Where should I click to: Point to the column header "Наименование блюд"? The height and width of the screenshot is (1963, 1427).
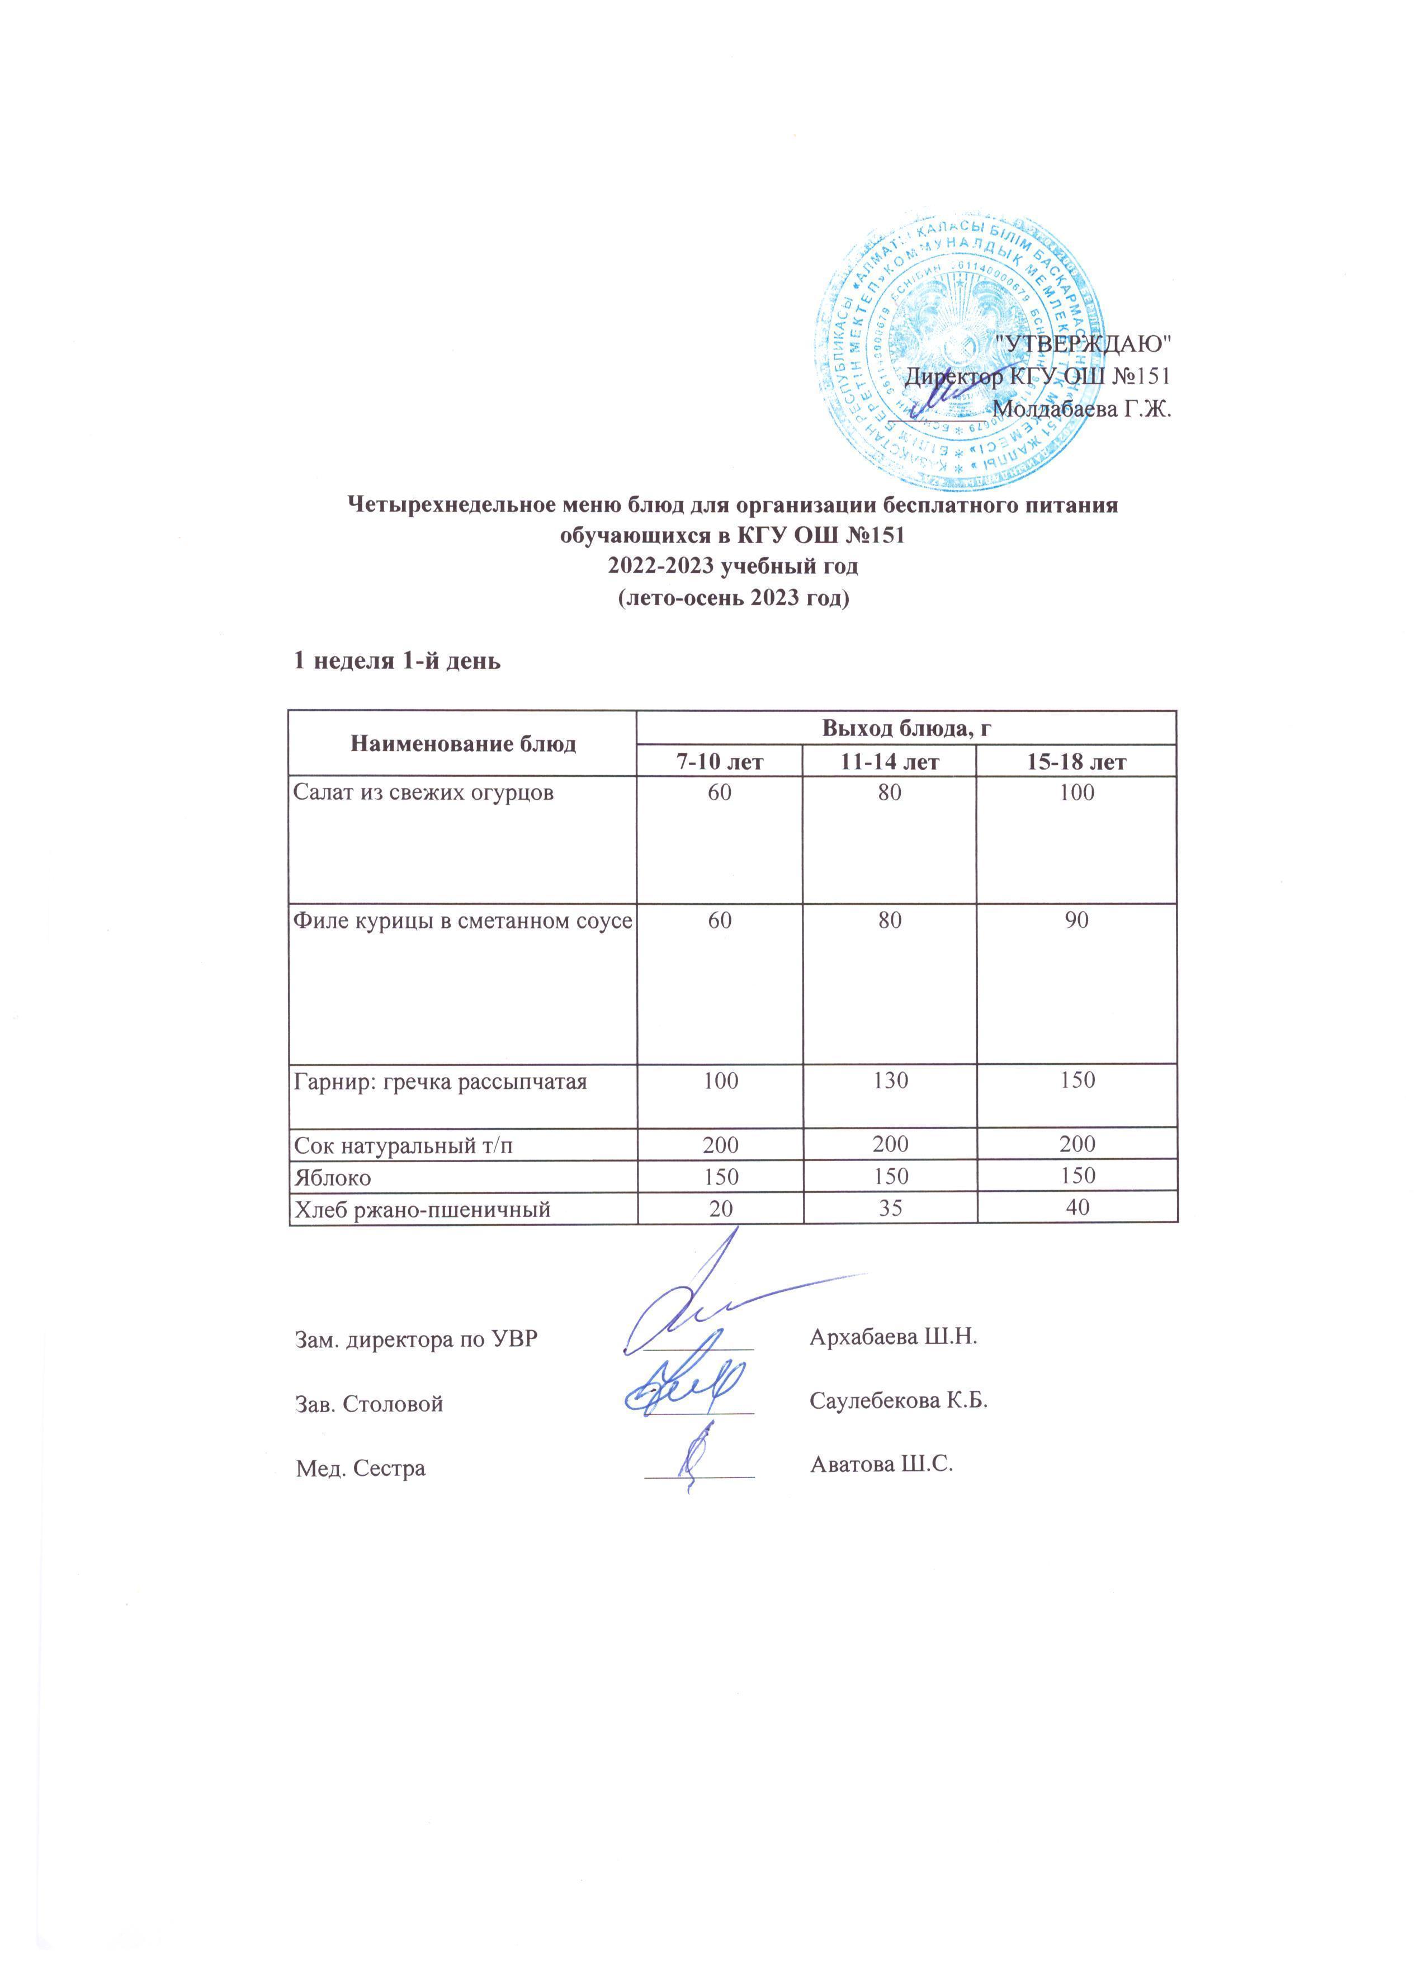click(x=462, y=743)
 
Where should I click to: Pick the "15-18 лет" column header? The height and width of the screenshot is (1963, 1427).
click(x=1076, y=762)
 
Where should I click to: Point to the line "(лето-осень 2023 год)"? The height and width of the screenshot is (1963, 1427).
click(x=732, y=599)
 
